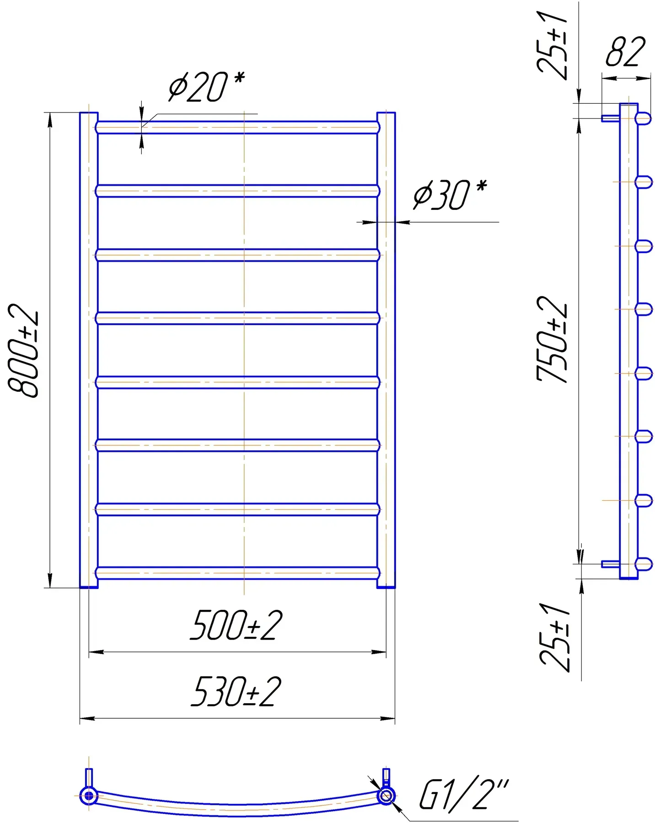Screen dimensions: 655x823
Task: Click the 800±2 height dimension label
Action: (24, 350)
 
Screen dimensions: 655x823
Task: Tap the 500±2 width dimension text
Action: (236, 625)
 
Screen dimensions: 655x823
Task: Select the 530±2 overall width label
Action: (236, 692)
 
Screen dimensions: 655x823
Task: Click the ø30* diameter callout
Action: (450, 195)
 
